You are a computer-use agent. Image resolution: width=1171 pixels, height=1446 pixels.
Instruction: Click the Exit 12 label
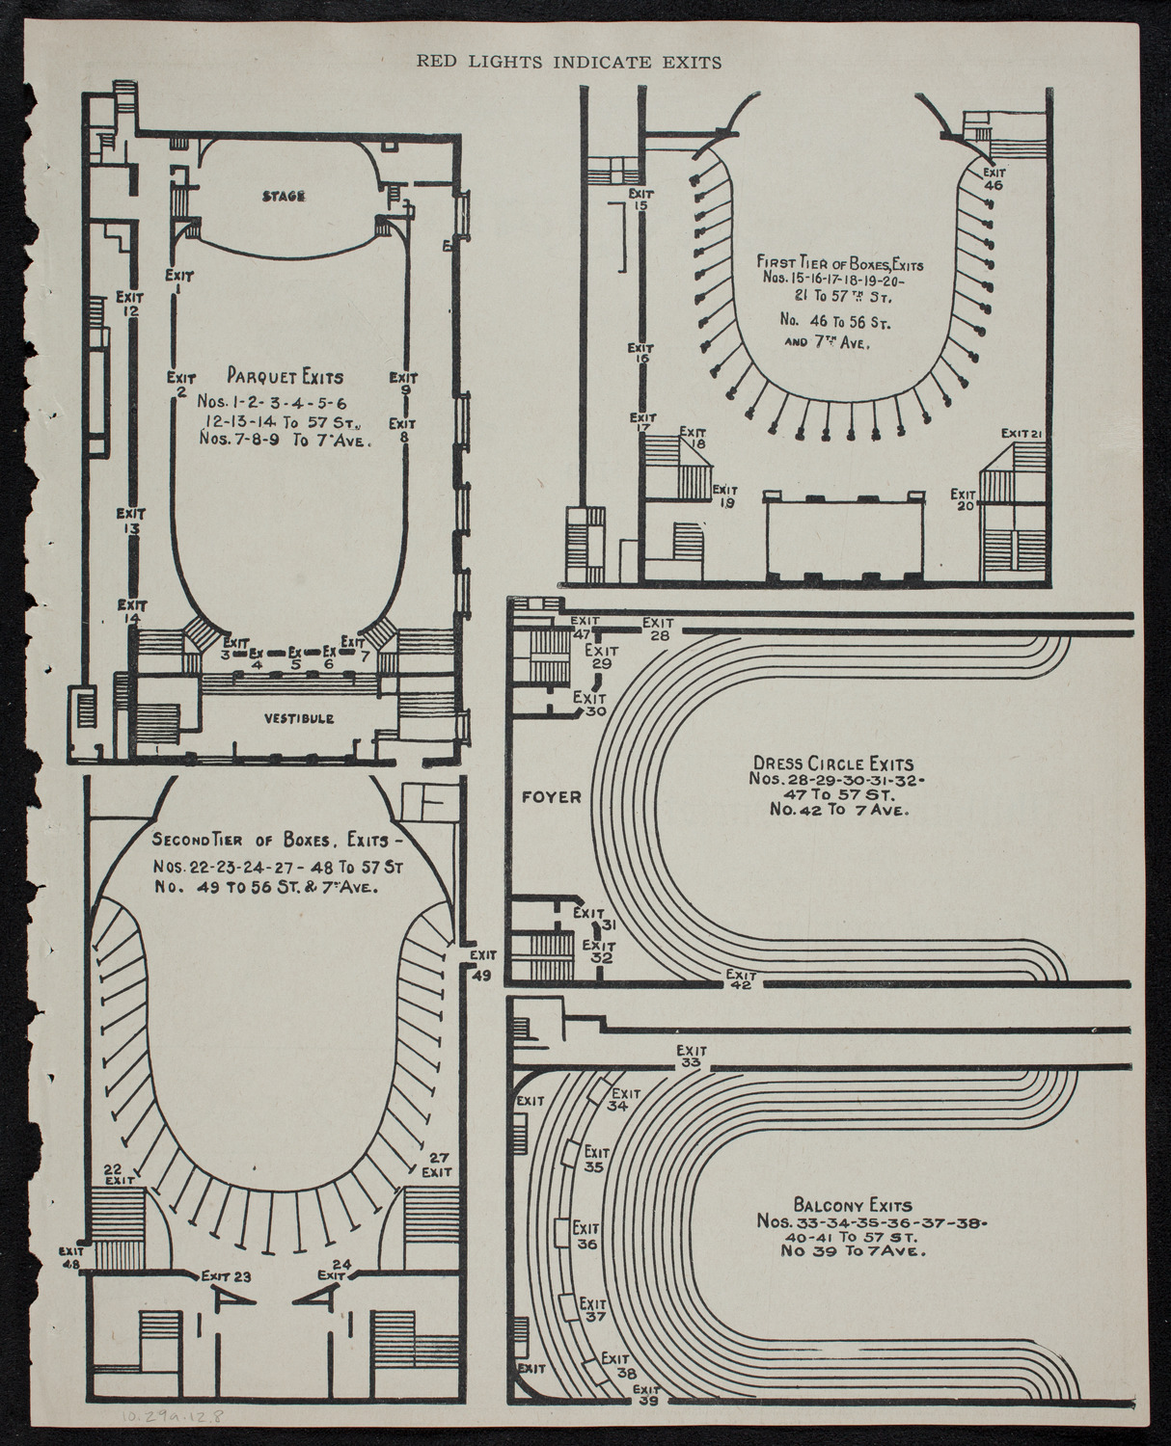tap(129, 304)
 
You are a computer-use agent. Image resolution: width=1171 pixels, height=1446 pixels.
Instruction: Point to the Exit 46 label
tap(994, 179)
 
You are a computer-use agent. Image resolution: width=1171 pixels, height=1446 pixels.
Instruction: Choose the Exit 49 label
tap(482, 964)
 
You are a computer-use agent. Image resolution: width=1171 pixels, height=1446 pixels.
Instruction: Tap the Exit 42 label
tap(741, 979)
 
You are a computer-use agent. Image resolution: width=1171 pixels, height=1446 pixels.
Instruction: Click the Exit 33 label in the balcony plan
tap(690, 1056)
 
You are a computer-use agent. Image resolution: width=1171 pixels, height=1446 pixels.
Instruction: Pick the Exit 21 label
tap(1022, 433)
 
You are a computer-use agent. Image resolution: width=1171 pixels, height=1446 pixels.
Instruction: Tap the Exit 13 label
tap(131, 522)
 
